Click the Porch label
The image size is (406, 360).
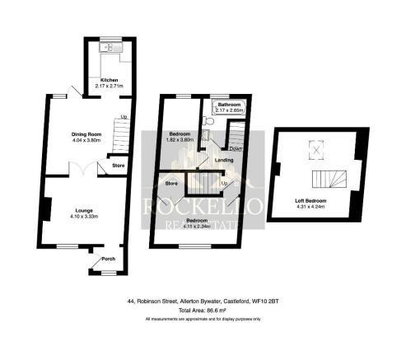pos(107,259)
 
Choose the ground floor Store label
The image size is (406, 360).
pos(118,166)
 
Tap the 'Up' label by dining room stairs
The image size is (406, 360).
pos(124,117)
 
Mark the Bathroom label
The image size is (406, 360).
pos(229,105)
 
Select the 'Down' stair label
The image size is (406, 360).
pos(236,149)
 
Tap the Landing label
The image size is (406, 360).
pos(223,160)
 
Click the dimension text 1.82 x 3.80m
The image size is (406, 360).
pos(180,140)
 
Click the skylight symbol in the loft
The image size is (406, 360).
pos(314,149)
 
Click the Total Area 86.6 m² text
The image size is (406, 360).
pos(203,310)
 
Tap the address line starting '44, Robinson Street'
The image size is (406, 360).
pos(203,301)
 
